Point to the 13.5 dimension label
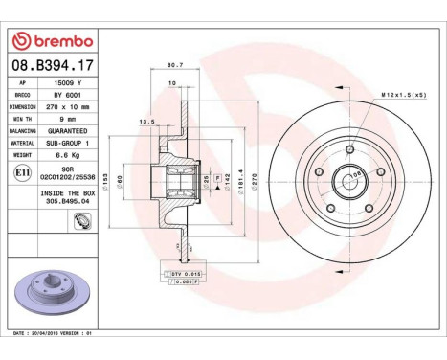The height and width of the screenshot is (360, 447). coord(147,123)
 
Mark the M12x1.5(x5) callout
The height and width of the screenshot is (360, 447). coord(403,96)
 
